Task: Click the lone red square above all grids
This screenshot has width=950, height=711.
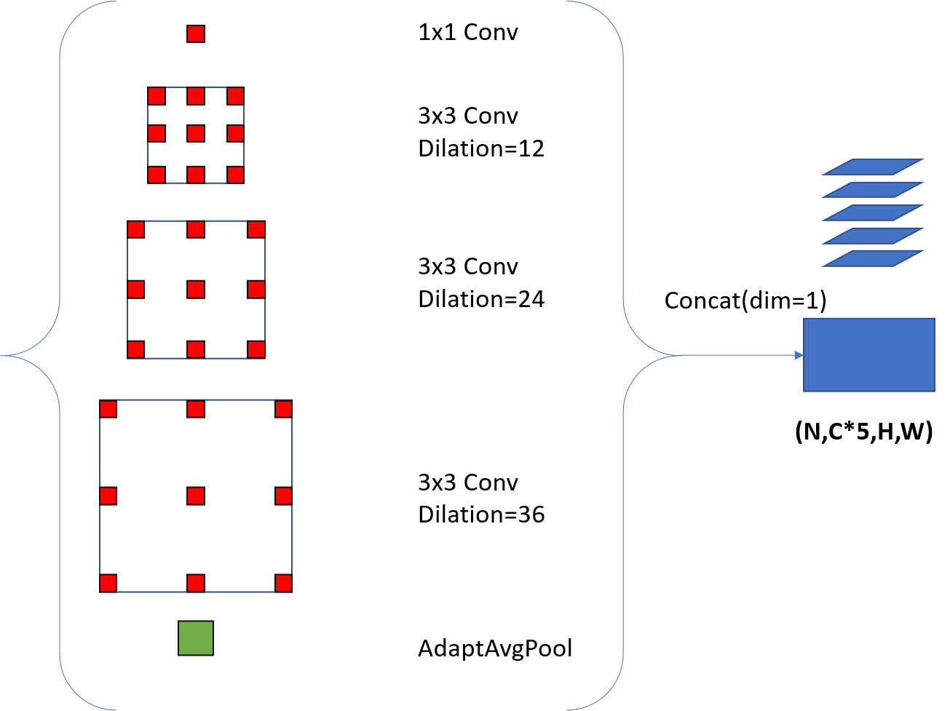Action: coord(195,34)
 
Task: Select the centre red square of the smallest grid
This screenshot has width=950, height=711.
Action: coord(195,133)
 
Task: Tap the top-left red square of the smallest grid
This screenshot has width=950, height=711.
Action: coord(157,96)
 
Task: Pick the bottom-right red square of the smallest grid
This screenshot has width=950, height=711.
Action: coord(234,175)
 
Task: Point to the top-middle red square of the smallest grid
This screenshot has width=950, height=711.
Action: coord(195,96)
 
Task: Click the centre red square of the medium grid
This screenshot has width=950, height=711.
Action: coord(195,290)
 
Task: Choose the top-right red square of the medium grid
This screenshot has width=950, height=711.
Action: coord(256,230)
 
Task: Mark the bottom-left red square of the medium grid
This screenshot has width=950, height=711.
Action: coord(136,349)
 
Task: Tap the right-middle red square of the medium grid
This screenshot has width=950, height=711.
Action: coord(256,290)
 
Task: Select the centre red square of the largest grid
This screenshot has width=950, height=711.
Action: coord(195,496)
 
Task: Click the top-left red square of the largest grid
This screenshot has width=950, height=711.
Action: coord(108,409)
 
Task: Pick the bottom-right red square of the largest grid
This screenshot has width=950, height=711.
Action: coord(283,583)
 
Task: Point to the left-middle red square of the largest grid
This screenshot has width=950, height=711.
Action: coord(108,496)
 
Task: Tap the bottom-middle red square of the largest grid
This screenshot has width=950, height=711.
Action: coord(195,583)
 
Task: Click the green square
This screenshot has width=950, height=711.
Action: coord(196,638)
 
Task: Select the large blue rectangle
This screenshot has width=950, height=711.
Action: coord(868,354)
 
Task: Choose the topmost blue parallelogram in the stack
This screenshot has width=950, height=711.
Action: coord(873,167)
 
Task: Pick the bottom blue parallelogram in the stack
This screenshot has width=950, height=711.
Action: coord(873,258)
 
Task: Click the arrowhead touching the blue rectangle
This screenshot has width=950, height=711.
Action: coord(799,355)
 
